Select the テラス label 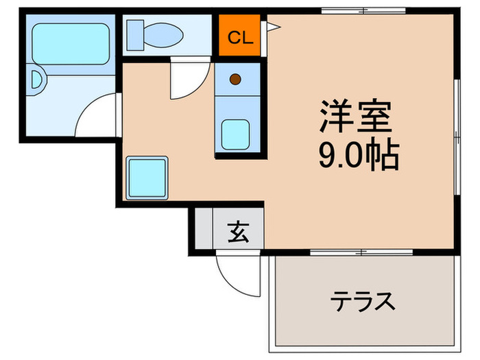click(363, 300)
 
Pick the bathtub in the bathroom click(71, 45)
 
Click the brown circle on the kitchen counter click(235, 79)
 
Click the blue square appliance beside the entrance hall click(147, 177)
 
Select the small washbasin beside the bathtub click(37, 82)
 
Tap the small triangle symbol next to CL click(273, 27)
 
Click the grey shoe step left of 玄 click(204, 230)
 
